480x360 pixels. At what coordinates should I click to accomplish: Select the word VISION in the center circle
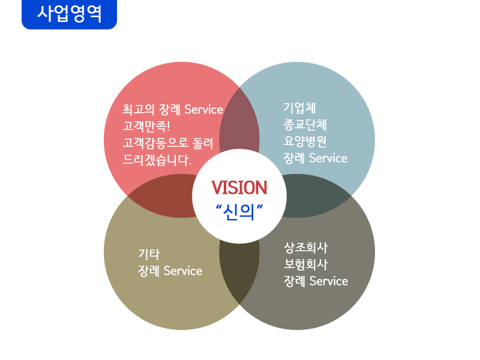239,188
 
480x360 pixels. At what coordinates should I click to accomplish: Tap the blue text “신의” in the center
239,212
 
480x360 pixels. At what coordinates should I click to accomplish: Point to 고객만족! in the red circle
146,127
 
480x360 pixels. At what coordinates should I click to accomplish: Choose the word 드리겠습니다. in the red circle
157,160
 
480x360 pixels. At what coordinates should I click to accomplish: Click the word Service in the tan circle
182,271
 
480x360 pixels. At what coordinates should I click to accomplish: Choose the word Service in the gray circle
328,281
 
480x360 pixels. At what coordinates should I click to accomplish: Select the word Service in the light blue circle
328,158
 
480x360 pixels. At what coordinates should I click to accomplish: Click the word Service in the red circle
203,110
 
